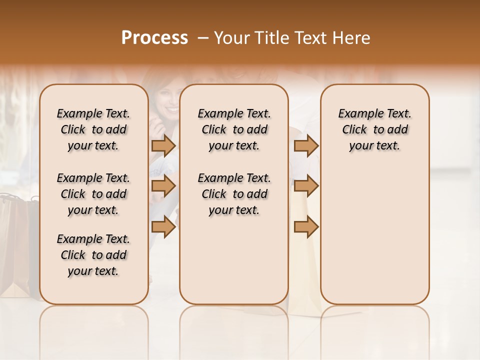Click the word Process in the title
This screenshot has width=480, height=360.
[x=154, y=38]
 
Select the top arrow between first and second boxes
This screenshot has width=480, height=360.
[x=163, y=145]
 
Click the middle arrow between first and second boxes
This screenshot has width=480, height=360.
[x=163, y=186]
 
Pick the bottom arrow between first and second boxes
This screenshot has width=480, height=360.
[x=163, y=227]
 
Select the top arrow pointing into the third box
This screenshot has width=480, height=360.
[x=306, y=145]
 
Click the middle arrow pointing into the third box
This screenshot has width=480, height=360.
[x=306, y=186]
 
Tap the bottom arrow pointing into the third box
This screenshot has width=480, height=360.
[x=306, y=227]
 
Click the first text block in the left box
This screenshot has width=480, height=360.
[x=93, y=129]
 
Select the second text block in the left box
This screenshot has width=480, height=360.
[x=93, y=194]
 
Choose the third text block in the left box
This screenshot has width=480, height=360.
[x=93, y=255]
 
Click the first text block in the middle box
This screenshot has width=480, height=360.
[x=234, y=129]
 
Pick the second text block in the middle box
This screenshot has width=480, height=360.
[x=234, y=194]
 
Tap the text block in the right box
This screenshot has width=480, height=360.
[x=375, y=129]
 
